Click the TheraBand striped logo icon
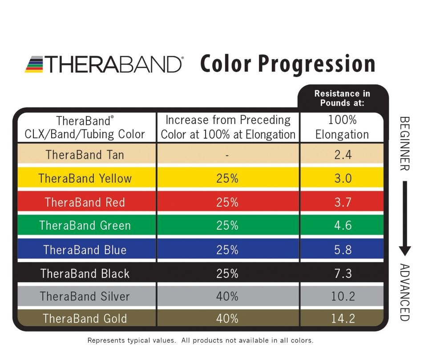34,64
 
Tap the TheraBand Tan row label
85,155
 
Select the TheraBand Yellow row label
85,179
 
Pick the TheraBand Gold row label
85,319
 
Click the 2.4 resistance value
342,155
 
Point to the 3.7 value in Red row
342,202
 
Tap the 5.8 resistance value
342,249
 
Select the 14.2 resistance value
342,319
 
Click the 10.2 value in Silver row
342,296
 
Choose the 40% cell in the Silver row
227,296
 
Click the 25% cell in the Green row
227,225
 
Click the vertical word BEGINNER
404,143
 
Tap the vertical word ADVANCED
404,292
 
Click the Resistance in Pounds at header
342,98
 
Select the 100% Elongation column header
342,127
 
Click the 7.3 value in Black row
342,273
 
